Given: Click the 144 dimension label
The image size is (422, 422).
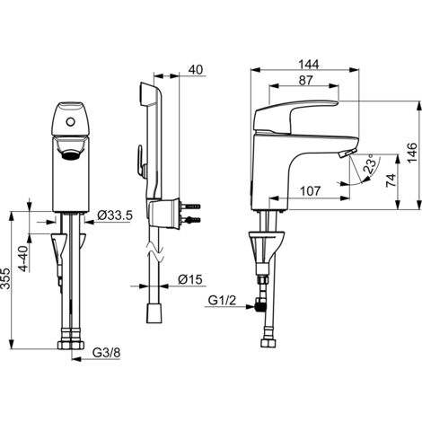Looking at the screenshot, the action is [x=309, y=65].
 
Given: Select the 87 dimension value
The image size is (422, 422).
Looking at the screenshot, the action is [x=305, y=80].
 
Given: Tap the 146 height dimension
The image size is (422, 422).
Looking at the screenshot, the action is [x=412, y=153].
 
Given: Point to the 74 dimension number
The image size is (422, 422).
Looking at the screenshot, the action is [x=391, y=180].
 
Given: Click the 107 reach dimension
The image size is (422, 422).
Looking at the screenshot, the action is [x=311, y=191].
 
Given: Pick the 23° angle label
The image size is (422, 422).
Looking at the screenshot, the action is [x=370, y=163].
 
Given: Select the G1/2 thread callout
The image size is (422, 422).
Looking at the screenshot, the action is [x=222, y=300].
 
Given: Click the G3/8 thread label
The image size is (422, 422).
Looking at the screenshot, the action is [x=107, y=353].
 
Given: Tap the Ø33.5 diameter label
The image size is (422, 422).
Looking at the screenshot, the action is [x=115, y=215].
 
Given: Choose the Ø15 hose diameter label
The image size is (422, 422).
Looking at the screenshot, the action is [x=190, y=280].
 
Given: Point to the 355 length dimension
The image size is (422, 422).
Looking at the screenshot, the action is [x=5, y=278].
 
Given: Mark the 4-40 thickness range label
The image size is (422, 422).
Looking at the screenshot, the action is [x=24, y=259].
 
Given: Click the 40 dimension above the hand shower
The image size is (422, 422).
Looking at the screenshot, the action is [x=196, y=70].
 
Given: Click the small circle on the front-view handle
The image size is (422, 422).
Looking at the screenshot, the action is [x=71, y=122].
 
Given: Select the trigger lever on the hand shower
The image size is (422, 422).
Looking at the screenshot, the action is [x=141, y=160].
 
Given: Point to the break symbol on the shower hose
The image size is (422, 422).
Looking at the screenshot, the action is [x=155, y=251].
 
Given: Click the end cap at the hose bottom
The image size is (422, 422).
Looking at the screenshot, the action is [x=154, y=313].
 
